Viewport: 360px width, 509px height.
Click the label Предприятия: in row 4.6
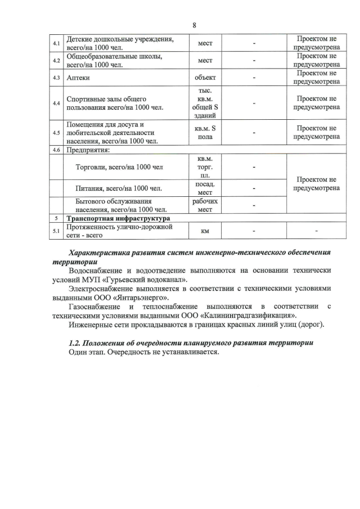88,150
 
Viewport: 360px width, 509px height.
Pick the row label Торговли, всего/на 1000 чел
119,167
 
